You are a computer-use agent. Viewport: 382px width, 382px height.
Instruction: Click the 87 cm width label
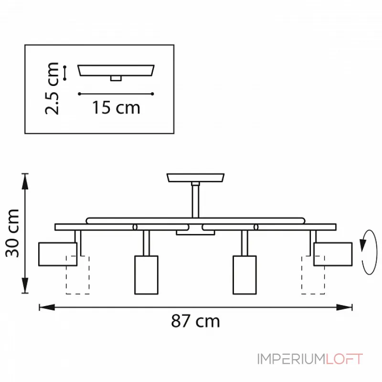point(195,321)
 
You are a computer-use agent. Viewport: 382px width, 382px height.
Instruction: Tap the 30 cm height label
point(12,233)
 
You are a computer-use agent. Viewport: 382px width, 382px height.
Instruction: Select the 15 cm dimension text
point(116,107)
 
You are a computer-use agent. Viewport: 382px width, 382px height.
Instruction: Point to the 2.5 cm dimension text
point(52,88)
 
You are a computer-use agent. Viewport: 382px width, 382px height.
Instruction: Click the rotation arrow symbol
point(369,252)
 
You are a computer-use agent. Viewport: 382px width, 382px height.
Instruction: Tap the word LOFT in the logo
point(344,359)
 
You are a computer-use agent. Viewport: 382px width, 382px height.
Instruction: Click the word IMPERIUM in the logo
point(291,359)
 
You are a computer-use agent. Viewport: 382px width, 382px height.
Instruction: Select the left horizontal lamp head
point(58,254)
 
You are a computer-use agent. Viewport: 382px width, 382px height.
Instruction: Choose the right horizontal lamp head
point(333,254)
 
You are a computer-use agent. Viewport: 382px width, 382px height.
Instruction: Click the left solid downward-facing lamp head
point(147,275)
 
